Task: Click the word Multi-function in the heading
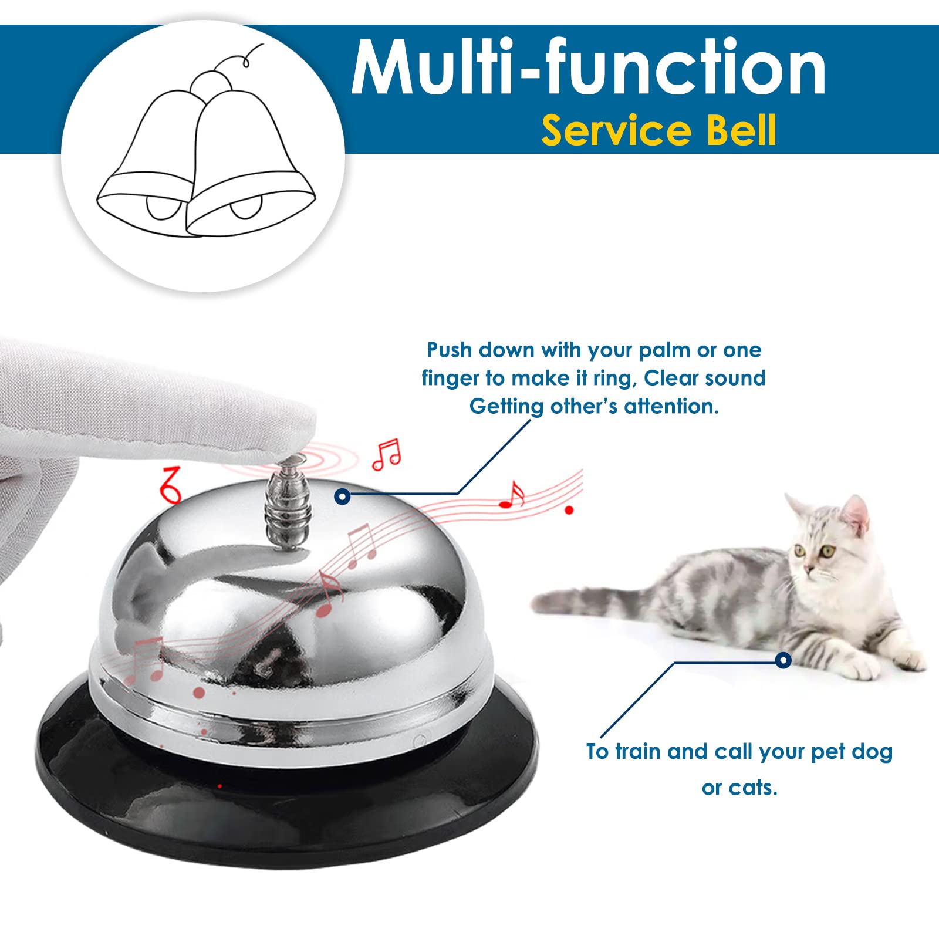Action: click(x=589, y=67)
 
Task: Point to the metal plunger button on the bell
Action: click(x=288, y=505)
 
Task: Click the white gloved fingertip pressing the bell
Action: click(x=293, y=434)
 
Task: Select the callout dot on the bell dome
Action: click(x=342, y=496)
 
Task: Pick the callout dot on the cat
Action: click(x=783, y=660)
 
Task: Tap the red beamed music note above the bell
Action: click(x=387, y=455)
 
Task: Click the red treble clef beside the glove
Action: click(x=171, y=485)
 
